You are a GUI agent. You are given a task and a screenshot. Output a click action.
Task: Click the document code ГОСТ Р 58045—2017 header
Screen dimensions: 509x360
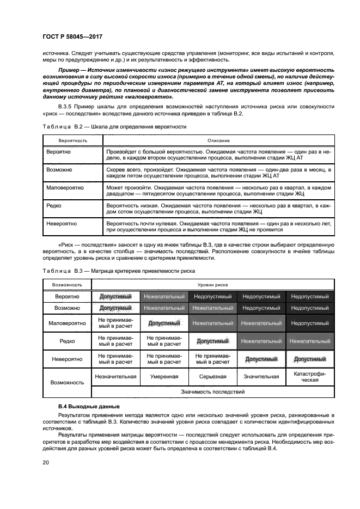pos(72,36)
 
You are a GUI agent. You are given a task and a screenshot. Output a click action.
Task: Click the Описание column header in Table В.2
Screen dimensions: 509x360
pos(218,140)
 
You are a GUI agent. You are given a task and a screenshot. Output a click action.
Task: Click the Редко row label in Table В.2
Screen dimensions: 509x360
pos(54,206)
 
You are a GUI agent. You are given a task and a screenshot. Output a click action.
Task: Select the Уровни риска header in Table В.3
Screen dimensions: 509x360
pos(213,285)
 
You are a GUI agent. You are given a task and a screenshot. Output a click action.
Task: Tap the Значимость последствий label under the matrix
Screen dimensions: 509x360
pos(213,391)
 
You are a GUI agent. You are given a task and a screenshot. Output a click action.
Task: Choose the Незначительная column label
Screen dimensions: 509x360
pos(115,376)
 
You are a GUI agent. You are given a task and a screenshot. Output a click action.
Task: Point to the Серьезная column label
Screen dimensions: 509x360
pos(213,376)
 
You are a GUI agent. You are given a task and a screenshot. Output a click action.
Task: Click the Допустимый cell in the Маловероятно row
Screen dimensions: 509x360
pos(164,323)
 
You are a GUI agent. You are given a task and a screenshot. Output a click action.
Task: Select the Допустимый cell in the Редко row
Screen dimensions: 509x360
pos(213,341)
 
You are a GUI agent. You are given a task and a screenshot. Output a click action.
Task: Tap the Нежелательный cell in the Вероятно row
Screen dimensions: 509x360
pos(164,297)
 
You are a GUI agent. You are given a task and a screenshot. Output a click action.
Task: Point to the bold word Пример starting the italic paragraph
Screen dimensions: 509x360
pos(69,72)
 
